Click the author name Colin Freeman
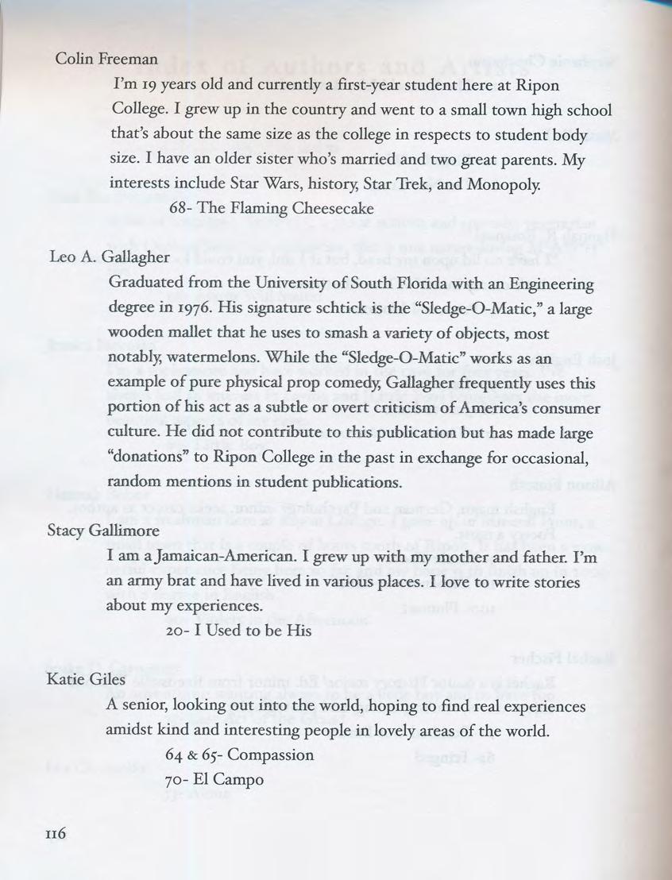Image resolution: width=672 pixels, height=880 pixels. pos(106,59)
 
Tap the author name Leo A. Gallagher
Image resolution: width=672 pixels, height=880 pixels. pos(109,257)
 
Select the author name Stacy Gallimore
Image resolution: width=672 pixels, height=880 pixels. pos(103,530)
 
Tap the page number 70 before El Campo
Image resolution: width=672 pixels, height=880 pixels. pos(178,779)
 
